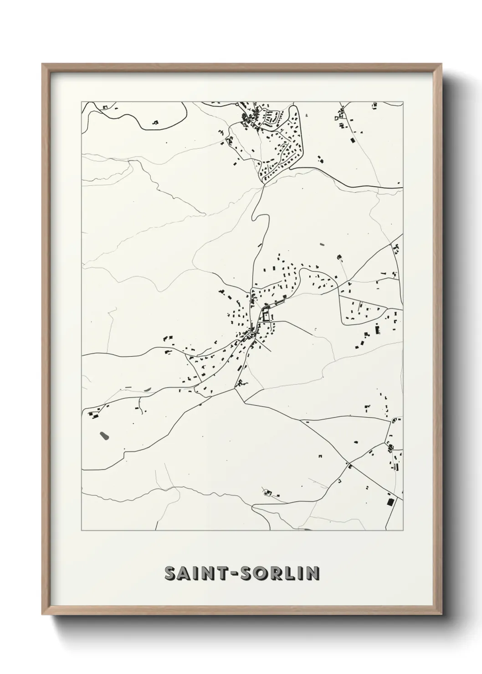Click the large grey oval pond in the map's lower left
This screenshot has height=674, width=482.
point(104,436)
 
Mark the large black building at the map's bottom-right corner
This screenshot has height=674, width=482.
point(390,501)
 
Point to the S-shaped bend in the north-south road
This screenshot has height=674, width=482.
point(258,219)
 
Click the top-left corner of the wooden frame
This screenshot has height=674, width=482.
point(43,64)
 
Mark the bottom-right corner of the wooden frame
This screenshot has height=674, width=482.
point(442,615)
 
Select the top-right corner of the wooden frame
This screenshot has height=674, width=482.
point(442,64)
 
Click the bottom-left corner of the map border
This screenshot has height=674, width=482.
point(82,531)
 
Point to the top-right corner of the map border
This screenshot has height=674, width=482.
point(403,101)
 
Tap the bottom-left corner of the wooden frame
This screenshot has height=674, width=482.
point(43,615)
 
